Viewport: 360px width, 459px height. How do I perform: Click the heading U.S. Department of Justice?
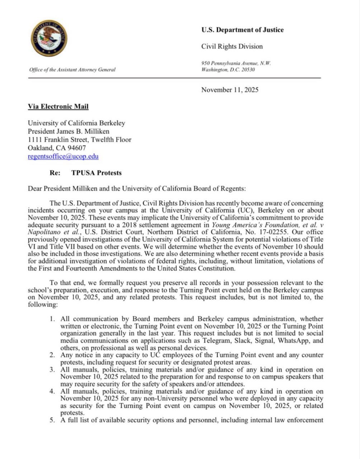pos(242,30)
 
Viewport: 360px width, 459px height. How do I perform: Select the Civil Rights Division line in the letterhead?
pos(232,47)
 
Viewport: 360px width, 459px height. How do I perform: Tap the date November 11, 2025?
pos(229,90)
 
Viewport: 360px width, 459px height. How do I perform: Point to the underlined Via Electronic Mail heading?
pos(58,107)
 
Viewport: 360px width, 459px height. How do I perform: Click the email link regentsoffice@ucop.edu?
pos(63,156)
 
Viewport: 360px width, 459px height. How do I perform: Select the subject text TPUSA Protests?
pos(96,173)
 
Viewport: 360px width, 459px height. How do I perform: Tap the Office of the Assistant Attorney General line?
pos(72,70)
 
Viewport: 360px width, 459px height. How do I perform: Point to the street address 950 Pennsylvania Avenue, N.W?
pos(236,63)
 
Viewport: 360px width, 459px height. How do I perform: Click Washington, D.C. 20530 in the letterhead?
pos(228,70)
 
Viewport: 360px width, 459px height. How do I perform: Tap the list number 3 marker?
pos(52,370)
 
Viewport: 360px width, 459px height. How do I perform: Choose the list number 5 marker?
pos(52,420)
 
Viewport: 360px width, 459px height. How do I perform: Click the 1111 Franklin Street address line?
pos(80,139)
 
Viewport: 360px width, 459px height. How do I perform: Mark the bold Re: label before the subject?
pos(55,173)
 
